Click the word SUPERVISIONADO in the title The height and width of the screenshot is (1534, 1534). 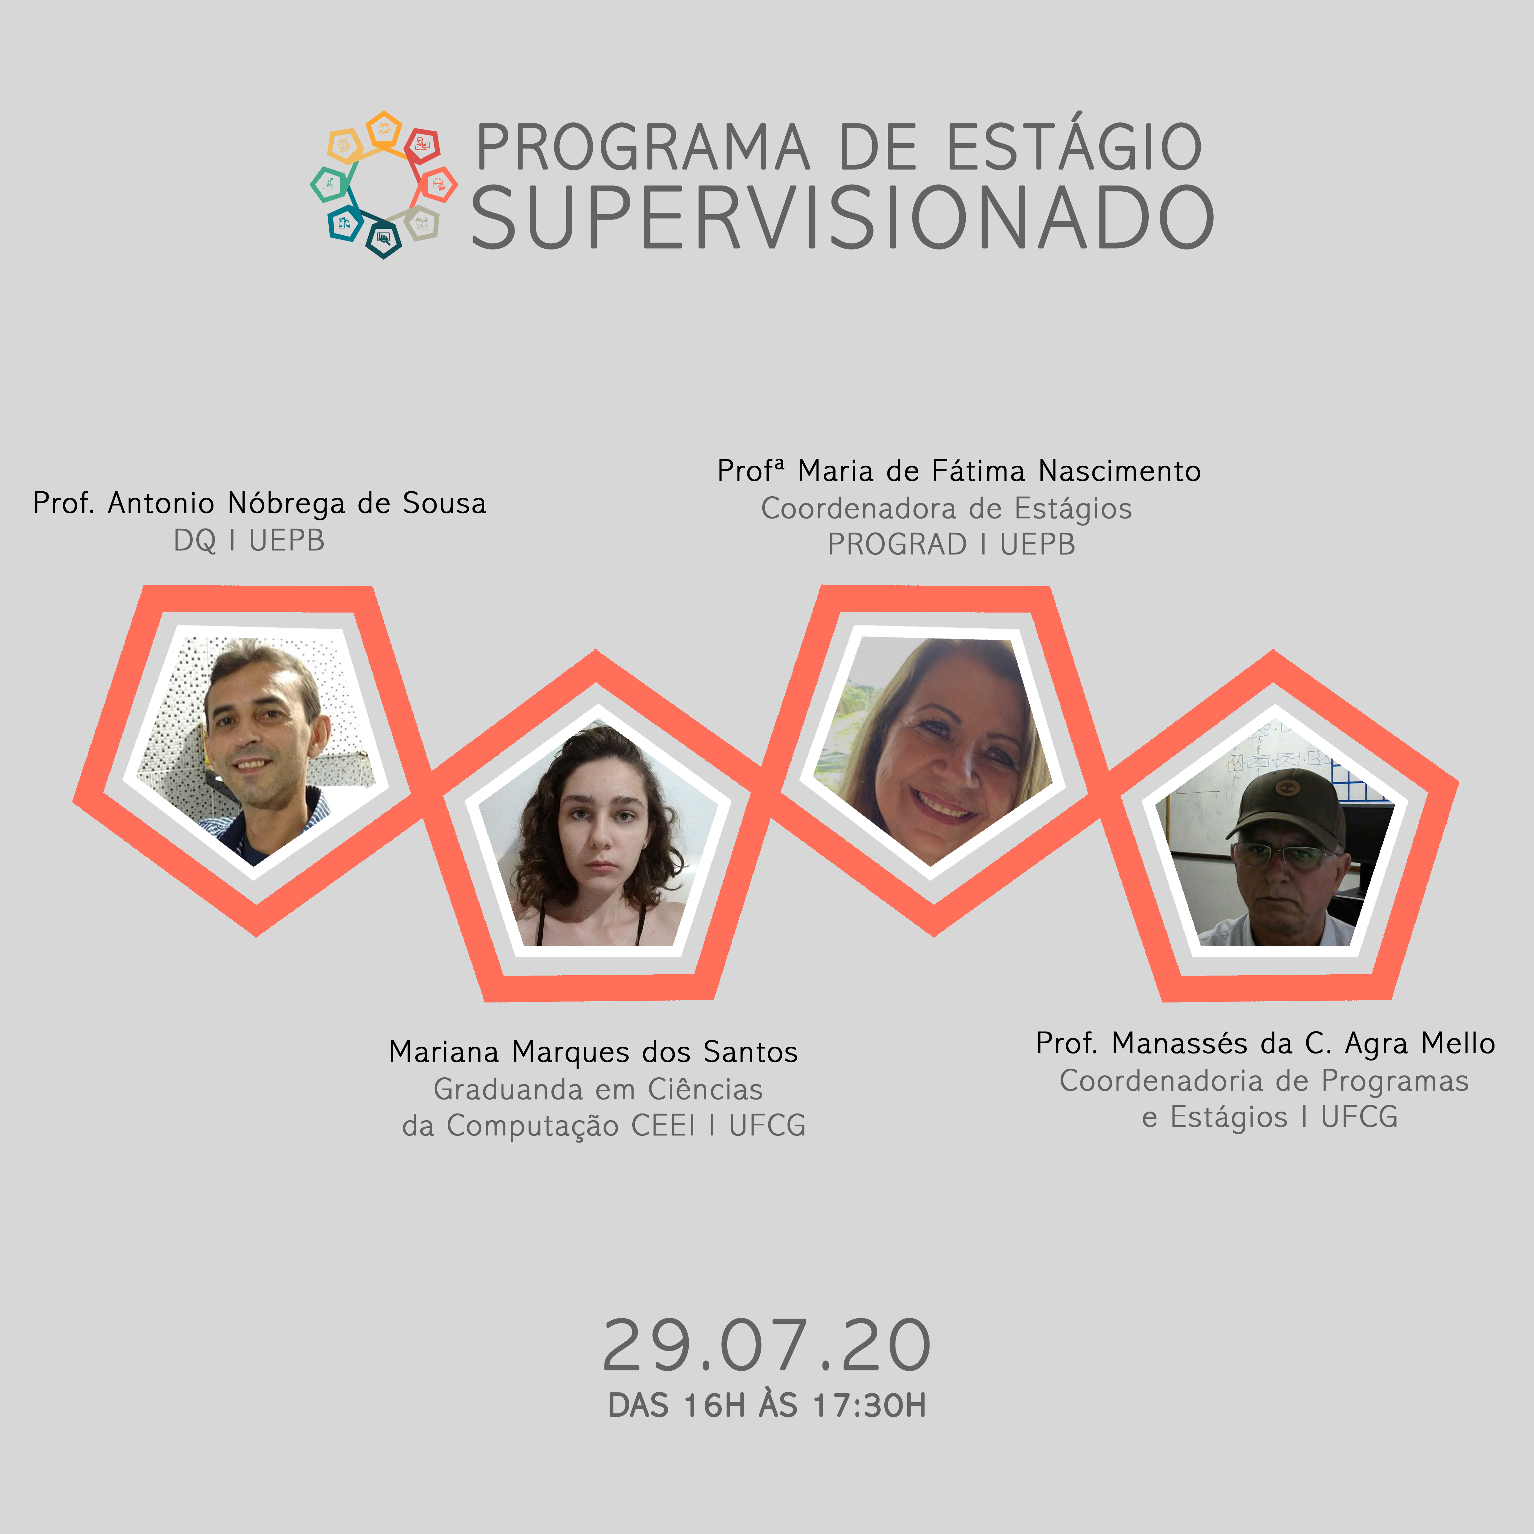[842, 218]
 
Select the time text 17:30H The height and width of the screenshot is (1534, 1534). [870, 1405]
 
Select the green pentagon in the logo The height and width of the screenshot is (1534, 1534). [328, 184]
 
